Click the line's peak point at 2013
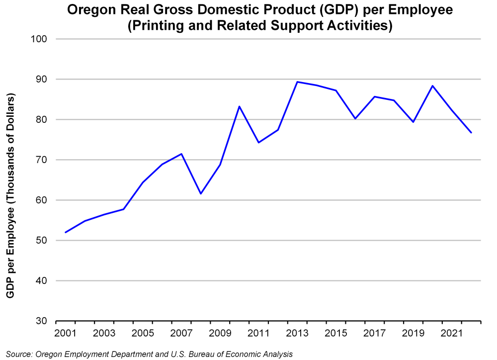point(297,82)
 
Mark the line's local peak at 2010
point(240,106)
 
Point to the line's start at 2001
point(66,232)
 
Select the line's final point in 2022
point(471,133)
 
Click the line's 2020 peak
point(432,86)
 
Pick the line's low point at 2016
point(355,118)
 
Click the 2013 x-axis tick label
point(296,332)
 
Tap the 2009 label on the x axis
point(219,332)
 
